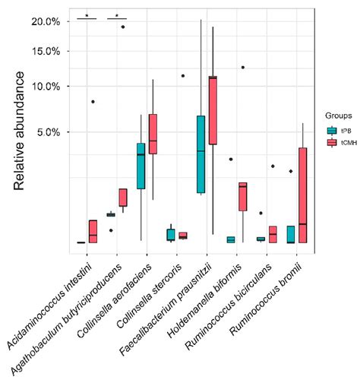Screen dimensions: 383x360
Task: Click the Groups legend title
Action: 335,116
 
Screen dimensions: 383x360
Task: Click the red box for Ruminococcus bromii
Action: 303,195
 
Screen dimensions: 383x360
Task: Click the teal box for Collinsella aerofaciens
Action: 141,166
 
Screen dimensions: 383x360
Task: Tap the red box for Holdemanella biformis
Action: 242,196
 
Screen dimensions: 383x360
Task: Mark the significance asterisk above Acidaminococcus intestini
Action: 87,15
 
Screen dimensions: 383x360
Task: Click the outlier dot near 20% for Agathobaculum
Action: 123,26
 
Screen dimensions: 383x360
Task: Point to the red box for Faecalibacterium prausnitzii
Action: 213,110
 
